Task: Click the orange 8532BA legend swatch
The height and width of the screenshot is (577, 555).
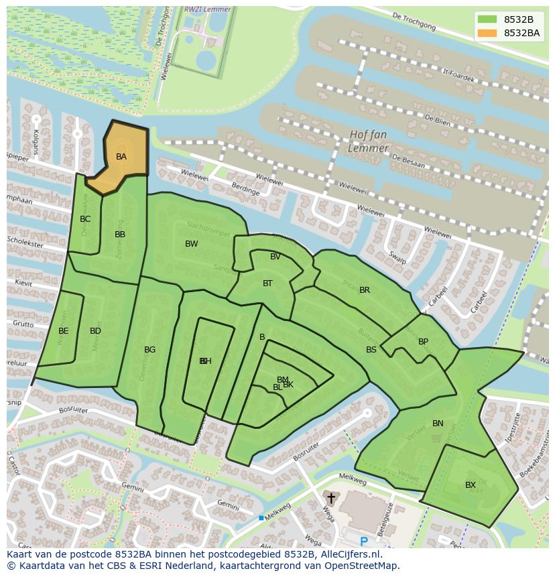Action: [487, 33]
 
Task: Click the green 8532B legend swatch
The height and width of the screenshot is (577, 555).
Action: [487, 19]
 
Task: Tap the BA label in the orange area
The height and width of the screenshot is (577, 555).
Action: [121, 157]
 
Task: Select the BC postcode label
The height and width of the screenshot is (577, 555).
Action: [85, 219]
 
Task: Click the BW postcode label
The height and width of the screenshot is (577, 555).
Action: [192, 244]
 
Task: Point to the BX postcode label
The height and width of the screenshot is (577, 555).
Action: [471, 485]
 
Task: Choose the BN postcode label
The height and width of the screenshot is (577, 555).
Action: [438, 424]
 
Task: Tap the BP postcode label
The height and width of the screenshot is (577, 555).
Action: [423, 342]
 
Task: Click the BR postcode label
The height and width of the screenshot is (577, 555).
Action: [365, 290]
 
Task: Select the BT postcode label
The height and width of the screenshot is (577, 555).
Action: [267, 283]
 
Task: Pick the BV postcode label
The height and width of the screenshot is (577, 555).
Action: [275, 257]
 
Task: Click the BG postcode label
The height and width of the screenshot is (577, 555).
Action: [149, 350]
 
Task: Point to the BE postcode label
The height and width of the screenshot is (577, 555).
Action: [63, 331]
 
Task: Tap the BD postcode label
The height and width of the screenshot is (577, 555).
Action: [95, 331]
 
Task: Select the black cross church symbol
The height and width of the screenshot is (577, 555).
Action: [330, 499]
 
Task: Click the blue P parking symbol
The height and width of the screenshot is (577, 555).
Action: [364, 541]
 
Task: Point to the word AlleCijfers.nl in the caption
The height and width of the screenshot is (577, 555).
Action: [348, 554]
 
